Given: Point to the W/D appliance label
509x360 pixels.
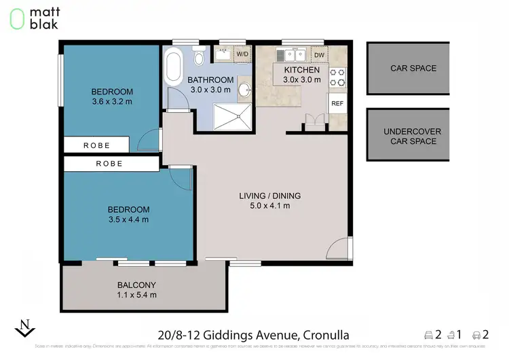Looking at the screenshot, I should tap(242, 54).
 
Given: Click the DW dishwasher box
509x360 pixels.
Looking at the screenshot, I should tap(318, 55).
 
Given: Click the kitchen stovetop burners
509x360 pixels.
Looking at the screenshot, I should tap(337, 78).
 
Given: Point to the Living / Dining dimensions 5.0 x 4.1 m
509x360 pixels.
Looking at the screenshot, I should tap(269, 206).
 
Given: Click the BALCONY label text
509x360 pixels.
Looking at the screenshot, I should tap(136, 285).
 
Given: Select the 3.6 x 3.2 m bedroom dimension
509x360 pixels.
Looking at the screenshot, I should tap(112, 102).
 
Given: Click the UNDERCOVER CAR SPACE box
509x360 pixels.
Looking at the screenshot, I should tap(409, 136).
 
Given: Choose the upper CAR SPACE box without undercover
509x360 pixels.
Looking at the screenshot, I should tap(409, 69).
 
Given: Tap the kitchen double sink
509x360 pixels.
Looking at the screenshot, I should tap(294, 55).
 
